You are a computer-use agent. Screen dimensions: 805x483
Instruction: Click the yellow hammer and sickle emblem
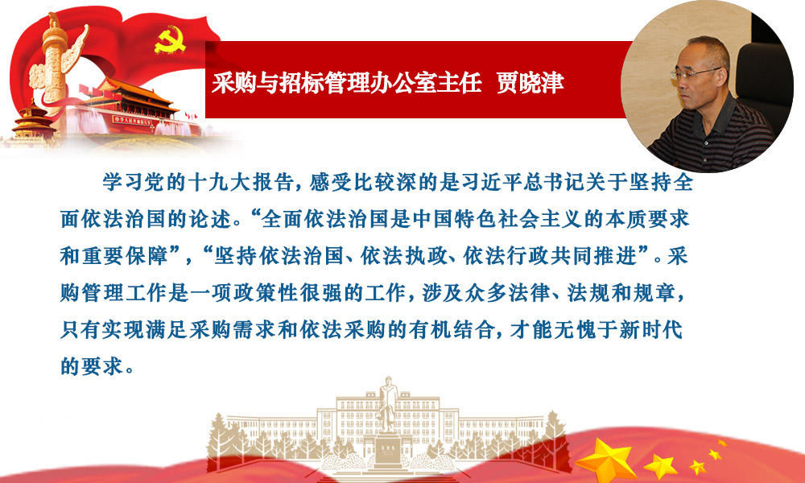click(170, 40)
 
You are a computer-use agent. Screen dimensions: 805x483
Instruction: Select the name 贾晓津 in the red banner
click(530, 82)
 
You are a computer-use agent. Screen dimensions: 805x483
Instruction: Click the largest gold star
click(606, 460)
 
